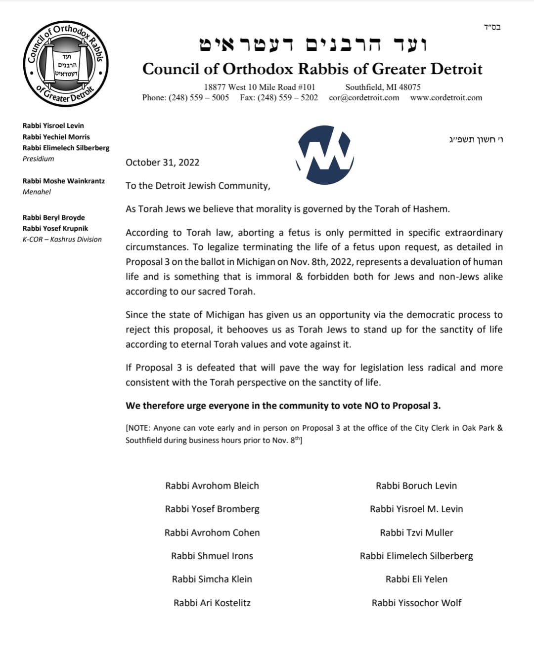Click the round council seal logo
66,64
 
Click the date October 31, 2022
162,163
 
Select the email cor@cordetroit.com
364,98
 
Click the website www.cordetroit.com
446,98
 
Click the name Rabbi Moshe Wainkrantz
64,181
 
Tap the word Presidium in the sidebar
39,159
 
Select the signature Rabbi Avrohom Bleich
212,486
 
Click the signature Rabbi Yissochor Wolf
416,603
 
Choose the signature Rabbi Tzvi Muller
416,533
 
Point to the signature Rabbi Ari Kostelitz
212,603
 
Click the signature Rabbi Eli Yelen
416,579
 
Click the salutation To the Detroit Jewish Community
198,186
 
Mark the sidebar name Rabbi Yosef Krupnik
55,228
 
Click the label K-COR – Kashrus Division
62,239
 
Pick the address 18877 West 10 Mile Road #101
260,87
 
